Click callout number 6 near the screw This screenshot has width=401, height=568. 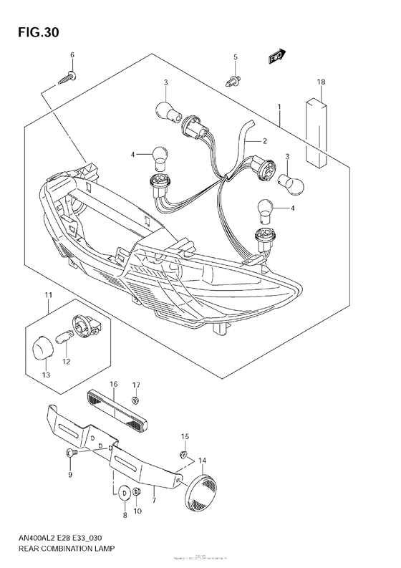(72, 55)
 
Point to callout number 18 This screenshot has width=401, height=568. (322, 83)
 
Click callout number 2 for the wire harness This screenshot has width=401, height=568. (264, 141)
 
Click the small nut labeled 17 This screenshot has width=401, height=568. (137, 400)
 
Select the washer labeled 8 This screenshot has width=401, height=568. (124, 493)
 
